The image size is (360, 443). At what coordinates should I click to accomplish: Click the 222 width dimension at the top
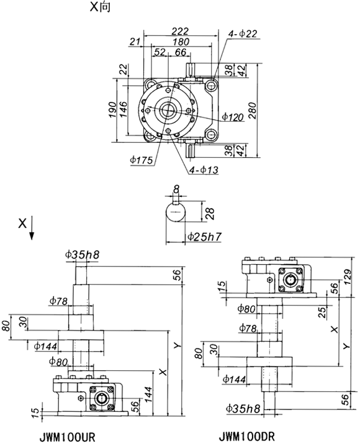[x=180, y=31]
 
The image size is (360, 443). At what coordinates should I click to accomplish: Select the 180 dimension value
[x=181, y=42]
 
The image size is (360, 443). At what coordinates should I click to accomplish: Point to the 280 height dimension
[x=253, y=111]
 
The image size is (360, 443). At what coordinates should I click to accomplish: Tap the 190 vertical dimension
[x=112, y=110]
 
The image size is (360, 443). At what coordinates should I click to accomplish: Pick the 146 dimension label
[x=123, y=109]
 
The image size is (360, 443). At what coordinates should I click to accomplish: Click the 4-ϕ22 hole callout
[x=243, y=34]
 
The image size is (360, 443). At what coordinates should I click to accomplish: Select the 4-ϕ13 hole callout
[x=204, y=170]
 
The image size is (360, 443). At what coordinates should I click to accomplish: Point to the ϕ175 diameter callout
[x=142, y=160]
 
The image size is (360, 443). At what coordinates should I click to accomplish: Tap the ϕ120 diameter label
[x=233, y=116]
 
